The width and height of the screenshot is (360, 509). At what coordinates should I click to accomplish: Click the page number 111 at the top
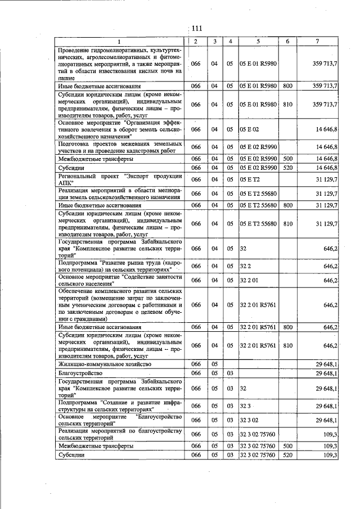click(x=196, y=29)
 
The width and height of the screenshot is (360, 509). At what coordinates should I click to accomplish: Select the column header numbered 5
click(x=258, y=42)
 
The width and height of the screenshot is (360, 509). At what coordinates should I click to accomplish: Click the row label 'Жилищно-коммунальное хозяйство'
click(x=105, y=364)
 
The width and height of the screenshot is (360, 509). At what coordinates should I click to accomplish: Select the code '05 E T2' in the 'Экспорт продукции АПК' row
click(x=250, y=179)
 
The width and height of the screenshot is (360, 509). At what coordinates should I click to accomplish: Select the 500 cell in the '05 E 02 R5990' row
click(x=287, y=159)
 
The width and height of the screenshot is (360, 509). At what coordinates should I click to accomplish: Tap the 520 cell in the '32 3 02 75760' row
click(x=287, y=455)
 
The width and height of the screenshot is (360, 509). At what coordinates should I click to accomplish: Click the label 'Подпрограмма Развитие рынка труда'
click(x=120, y=265)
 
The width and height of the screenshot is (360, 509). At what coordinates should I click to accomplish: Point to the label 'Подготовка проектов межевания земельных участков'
click(x=120, y=147)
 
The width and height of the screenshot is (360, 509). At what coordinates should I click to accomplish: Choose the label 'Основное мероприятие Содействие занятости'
click(x=120, y=280)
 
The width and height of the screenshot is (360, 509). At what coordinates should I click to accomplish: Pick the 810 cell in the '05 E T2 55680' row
click(x=287, y=223)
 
